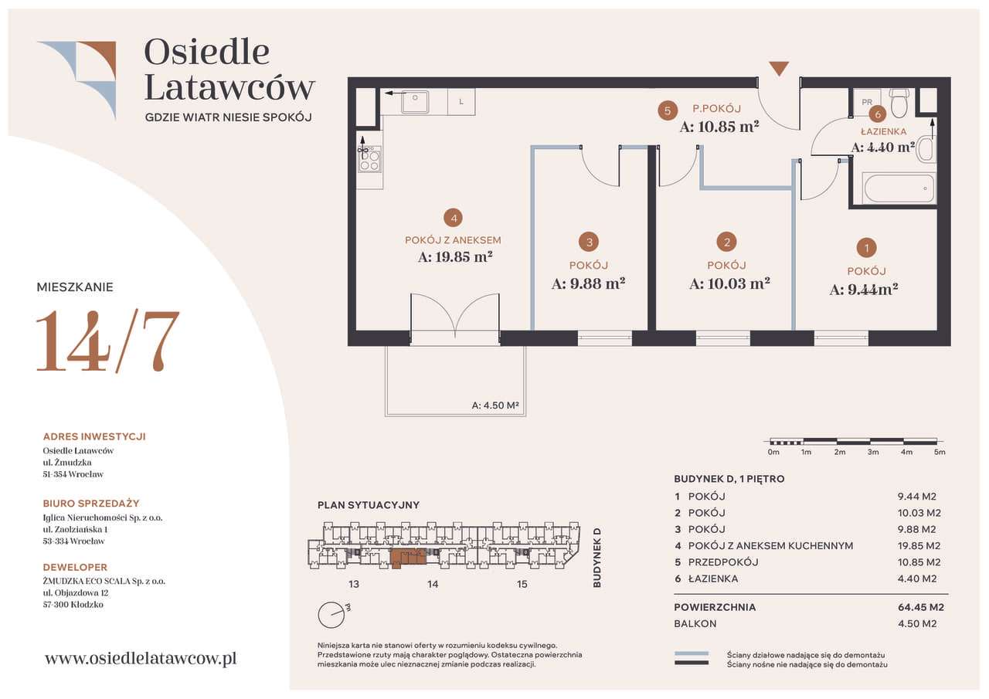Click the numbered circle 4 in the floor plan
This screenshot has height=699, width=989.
point(454,218)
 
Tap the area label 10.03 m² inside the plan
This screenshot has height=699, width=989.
point(729,283)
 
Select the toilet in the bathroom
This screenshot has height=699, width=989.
point(899,103)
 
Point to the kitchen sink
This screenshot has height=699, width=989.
point(415,102)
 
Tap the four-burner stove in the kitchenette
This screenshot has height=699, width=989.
point(369,159)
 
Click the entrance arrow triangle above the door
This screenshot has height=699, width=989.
point(779,69)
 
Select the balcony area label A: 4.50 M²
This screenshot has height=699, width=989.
point(495,405)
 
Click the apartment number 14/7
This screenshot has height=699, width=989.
point(107,341)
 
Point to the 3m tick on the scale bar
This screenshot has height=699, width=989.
point(873,452)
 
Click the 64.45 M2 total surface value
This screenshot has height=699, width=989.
point(920,607)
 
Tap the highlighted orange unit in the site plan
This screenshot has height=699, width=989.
point(409,558)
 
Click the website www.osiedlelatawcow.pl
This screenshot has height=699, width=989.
point(141,658)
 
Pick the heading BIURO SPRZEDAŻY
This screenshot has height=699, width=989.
point(91,504)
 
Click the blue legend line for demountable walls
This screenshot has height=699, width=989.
point(692,653)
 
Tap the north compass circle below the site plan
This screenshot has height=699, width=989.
point(331,615)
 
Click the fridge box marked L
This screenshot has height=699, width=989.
point(461,102)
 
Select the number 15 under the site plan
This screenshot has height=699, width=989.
point(522,584)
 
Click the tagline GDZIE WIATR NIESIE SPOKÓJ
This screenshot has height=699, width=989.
point(229,117)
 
